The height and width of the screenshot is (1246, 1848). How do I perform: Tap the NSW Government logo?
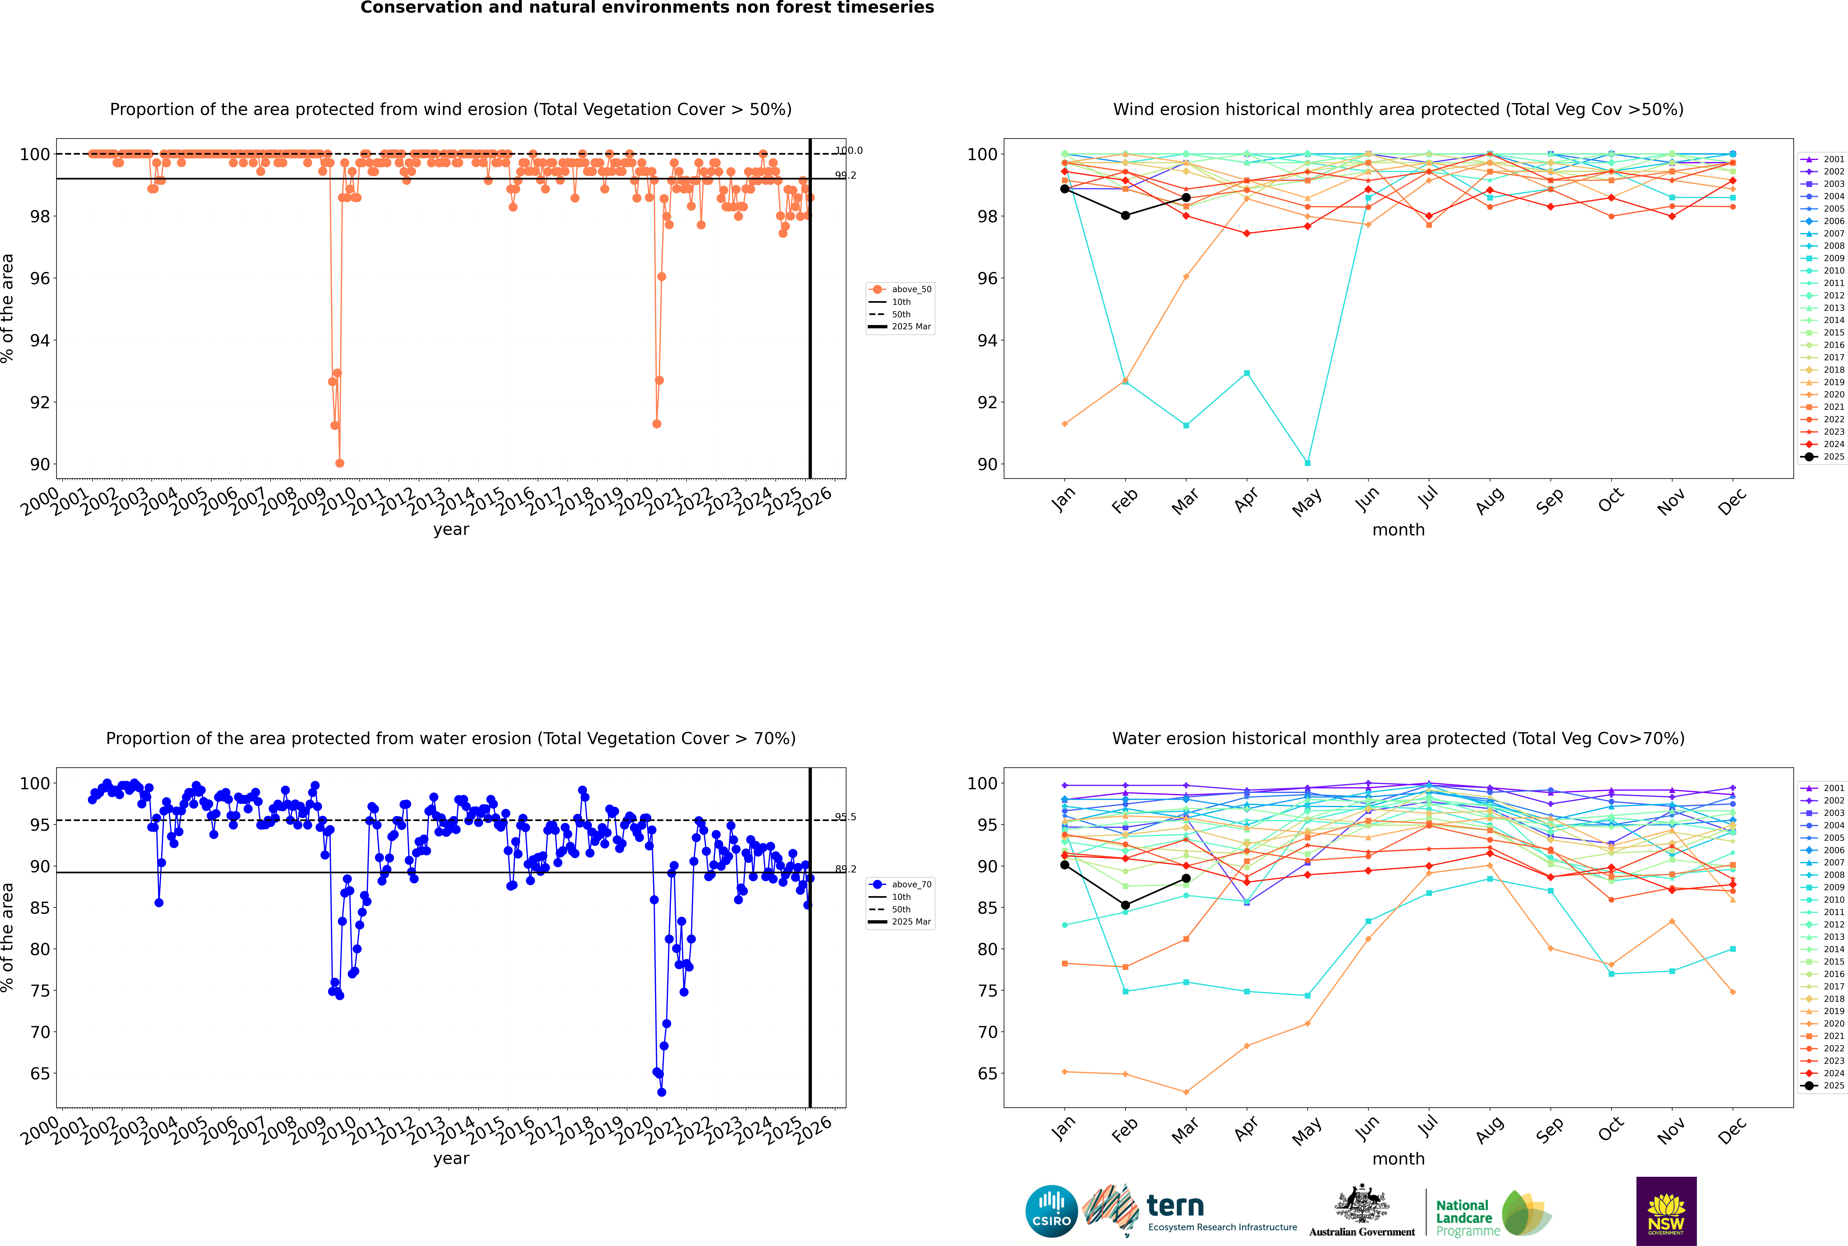click(x=1666, y=1210)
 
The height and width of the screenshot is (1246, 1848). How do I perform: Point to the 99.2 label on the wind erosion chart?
click(x=845, y=176)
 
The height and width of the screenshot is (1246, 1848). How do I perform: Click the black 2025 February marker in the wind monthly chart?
click(x=1125, y=215)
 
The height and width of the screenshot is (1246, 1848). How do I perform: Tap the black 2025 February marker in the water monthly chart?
click(x=1125, y=905)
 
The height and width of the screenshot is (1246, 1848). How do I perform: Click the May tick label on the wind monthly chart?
click(x=1307, y=502)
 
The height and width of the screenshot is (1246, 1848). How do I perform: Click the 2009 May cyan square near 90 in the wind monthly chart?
click(x=1308, y=462)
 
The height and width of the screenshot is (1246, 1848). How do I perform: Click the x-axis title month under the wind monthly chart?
click(x=1398, y=530)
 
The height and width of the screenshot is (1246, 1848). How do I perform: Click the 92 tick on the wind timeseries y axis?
click(x=39, y=402)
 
